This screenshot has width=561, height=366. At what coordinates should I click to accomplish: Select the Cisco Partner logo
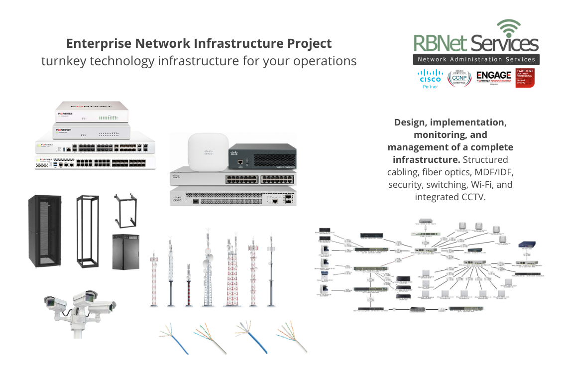[430, 79]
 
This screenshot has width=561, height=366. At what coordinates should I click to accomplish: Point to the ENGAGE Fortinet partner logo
[493, 77]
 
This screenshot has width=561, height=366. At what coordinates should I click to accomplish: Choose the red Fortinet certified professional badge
[525, 78]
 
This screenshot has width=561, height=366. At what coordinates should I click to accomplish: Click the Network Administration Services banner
[476, 60]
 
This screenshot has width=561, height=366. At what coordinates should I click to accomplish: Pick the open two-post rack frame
[87, 232]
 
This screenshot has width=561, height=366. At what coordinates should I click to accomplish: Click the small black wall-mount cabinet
[125, 251]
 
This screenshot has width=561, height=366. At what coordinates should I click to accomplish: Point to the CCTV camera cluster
[79, 309]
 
